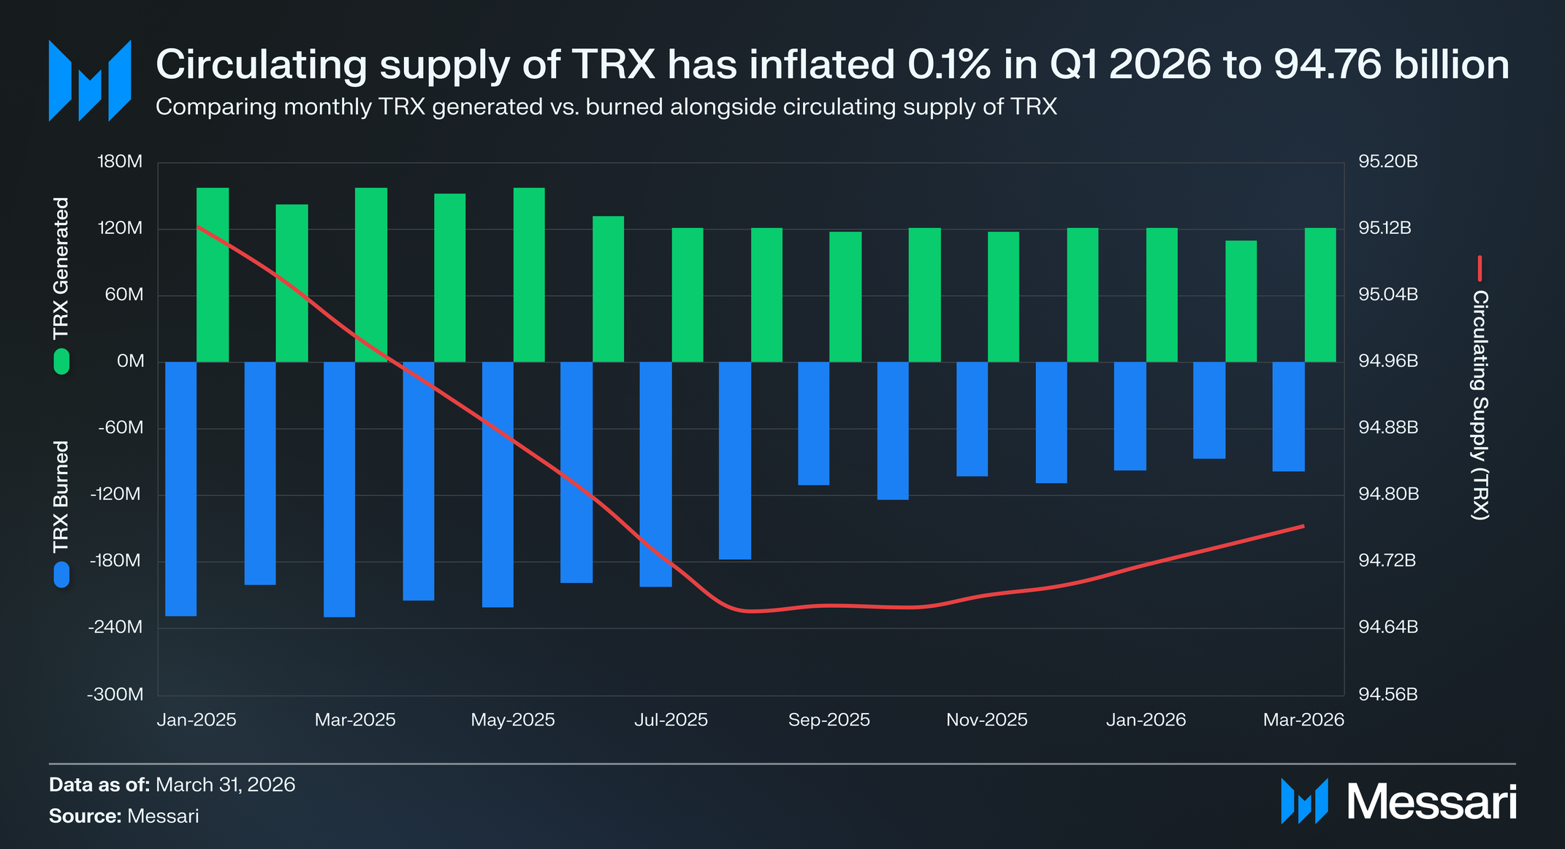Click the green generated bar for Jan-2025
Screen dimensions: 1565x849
213,275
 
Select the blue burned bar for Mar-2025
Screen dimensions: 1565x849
339,490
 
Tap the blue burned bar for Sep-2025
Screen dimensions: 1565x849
814,423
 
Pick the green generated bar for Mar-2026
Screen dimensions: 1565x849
1320,294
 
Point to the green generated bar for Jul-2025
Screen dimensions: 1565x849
688,294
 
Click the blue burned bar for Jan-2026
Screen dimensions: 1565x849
1130,416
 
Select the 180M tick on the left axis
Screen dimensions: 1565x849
120,161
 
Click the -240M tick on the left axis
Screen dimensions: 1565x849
115,627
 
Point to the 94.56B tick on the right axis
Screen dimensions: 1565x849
1387,694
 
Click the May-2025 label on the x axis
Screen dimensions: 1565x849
513,720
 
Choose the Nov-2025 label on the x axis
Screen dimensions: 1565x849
987,720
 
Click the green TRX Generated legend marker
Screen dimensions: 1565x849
61,362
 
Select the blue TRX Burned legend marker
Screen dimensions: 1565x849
61,574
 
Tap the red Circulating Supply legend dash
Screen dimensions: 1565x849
1480,268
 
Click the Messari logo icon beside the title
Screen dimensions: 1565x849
90,80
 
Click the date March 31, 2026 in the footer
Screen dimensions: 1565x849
226,785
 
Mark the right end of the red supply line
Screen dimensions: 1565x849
1304,526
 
